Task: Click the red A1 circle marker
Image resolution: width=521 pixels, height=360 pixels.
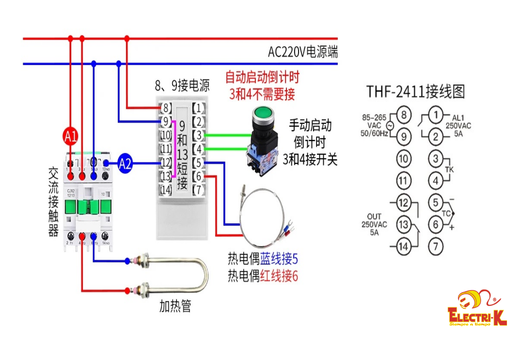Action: pyautogui.click(x=71, y=137)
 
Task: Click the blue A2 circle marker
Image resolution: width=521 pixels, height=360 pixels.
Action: pyautogui.click(x=126, y=163)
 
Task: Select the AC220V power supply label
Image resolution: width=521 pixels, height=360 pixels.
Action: pyautogui.click(x=303, y=52)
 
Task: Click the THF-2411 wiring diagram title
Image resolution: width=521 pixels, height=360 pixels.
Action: pyautogui.click(x=415, y=91)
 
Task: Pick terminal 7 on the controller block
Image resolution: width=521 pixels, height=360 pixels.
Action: pyautogui.click(x=199, y=189)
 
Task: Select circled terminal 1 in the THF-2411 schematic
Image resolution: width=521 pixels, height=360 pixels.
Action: pyautogui.click(x=436, y=115)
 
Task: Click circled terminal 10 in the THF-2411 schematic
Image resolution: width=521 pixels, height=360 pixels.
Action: pyautogui.click(x=403, y=158)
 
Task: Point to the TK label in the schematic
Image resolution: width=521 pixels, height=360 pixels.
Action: pyautogui.click(x=449, y=170)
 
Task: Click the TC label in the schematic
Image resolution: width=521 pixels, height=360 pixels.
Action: pyautogui.click(x=448, y=214)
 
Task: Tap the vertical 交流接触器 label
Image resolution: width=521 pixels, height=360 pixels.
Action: pyautogui.click(x=54, y=202)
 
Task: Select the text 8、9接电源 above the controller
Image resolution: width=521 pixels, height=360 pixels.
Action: pyautogui.click(x=182, y=87)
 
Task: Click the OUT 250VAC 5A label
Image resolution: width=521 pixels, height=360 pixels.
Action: pyautogui.click(x=374, y=224)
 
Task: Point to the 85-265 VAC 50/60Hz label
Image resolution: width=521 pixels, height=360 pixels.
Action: pyautogui.click(x=375, y=125)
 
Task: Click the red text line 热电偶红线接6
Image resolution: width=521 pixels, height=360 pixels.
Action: pyautogui.click(x=263, y=277)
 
